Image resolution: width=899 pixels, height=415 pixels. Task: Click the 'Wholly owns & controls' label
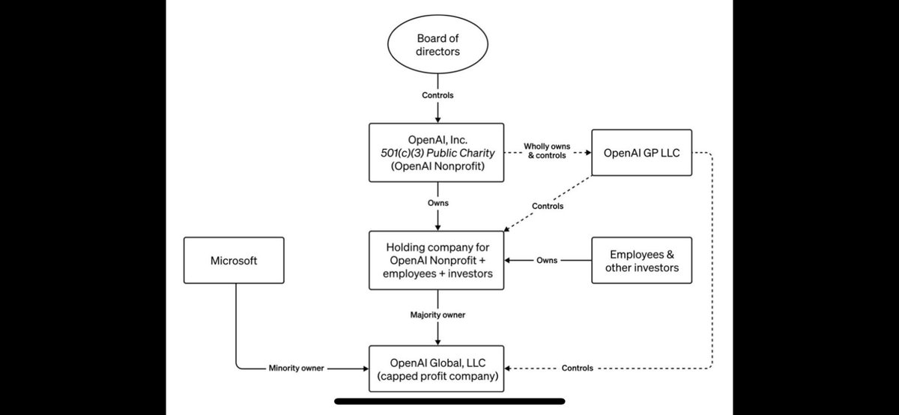pos(547,151)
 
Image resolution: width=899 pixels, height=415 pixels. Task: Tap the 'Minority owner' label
pos(296,368)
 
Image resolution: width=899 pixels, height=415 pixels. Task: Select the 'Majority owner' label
pos(438,315)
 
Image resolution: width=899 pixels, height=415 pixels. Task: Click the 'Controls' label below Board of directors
pos(438,95)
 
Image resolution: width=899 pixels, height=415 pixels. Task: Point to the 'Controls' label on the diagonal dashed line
pos(548,206)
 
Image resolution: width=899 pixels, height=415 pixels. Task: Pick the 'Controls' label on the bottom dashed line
pos(577,368)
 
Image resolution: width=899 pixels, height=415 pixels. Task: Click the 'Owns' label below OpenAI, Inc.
pos(438,203)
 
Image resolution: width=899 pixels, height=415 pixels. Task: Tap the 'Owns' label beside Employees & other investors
pos(547,260)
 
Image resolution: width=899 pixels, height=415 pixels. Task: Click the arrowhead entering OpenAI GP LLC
pos(589,153)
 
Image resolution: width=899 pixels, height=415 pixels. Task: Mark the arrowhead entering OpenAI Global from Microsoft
pos(366,369)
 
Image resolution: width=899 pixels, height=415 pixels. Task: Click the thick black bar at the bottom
pos(449,401)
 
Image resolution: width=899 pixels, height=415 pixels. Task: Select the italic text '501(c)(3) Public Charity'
pos(438,153)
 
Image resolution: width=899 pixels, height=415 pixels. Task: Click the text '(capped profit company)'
pos(438,376)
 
